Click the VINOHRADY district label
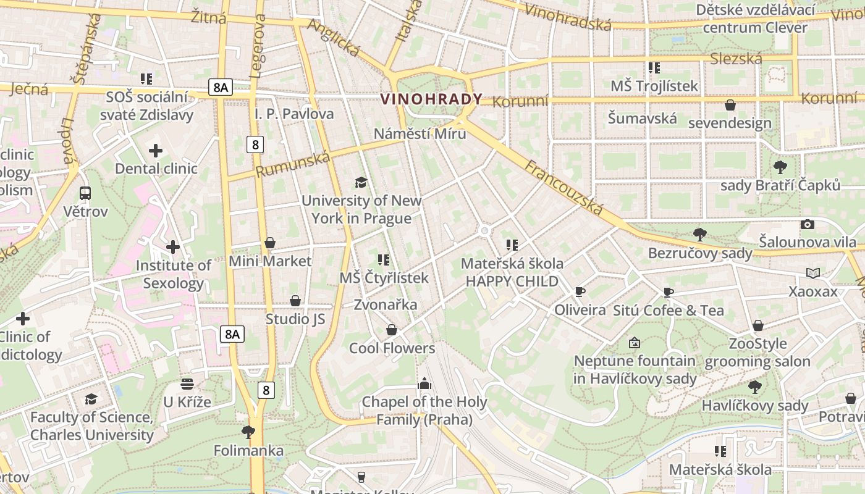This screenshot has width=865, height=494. [431, 99]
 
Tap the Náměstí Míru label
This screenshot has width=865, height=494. [420, 133]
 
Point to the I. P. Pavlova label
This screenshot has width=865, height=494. [294, 114]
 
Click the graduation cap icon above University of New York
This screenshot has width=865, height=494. [361, 182]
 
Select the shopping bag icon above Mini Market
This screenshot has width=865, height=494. [269, 243]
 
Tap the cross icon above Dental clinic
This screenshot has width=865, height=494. [156, 150]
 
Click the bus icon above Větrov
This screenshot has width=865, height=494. [85, 193]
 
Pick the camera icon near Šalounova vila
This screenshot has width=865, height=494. [807, 224]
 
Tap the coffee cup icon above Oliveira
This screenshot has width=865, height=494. [580, 291]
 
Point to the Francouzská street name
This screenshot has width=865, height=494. [563, 187]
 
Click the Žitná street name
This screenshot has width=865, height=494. [208, 17]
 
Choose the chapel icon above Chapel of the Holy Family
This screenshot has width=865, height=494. [424, 384]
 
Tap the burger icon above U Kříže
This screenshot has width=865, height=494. [187, 384]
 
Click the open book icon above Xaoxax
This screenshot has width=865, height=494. [813, 273]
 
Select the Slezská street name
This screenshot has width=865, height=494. [736, 59]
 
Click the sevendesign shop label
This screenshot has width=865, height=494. [730, 123]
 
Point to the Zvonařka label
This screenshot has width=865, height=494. [386, 304]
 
